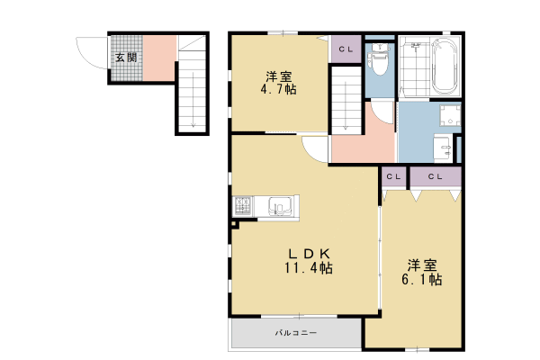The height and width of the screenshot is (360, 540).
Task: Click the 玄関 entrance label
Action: [126, 58]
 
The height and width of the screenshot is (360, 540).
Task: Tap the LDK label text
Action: [309, 254]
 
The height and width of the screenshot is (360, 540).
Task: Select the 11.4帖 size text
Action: [308, 267]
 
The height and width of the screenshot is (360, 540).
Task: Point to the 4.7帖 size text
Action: [278, 89]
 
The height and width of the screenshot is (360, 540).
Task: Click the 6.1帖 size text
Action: [422, 279]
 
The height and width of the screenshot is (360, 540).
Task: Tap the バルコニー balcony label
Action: [296, 333]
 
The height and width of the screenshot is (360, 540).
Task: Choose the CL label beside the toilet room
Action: [346, 49]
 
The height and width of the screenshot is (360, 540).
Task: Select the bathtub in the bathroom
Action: [445, 66]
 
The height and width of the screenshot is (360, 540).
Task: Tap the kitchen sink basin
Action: [280, 206]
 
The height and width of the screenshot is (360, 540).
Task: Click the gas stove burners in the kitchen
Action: [243, 205]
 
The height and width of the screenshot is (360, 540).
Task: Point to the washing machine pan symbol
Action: [450, 115]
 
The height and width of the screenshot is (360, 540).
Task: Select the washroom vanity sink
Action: [443, 148]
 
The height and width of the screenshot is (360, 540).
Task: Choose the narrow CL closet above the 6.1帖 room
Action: [393, 177]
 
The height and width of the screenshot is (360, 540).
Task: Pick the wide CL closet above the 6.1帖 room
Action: [436, 177]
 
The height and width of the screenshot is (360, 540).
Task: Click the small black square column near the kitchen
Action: [234, 225]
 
